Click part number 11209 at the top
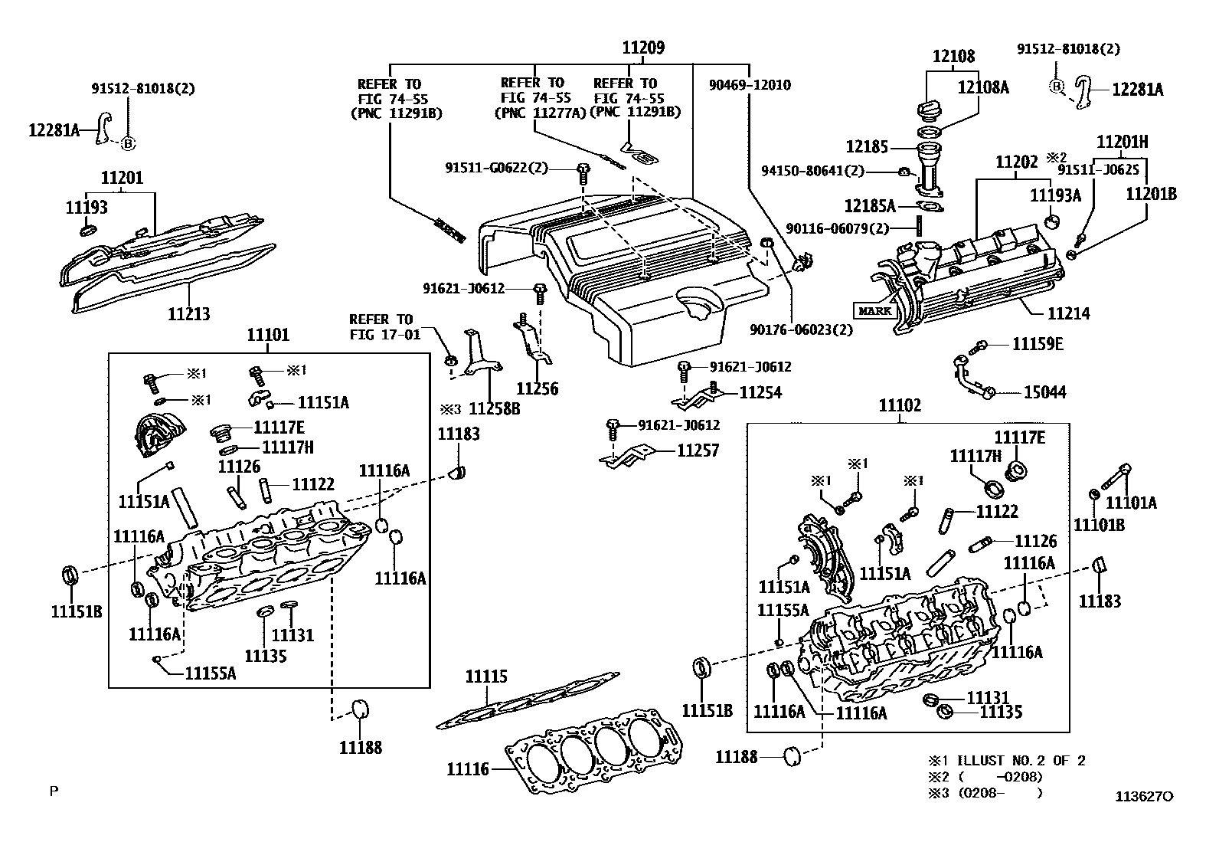(642, 48)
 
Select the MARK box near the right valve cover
(874, 310)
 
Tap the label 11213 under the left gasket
(188, 313)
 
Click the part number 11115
(486, 677)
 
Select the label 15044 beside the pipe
(1045, 392)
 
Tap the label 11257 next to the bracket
(698, 450)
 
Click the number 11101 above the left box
(268, 335)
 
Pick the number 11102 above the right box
(900, 405)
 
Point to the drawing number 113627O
(1143, 796)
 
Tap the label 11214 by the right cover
(1068, 313)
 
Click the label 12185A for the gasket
(869, 205)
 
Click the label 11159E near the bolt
(1038, 344)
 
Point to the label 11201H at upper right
(1122, 142)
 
